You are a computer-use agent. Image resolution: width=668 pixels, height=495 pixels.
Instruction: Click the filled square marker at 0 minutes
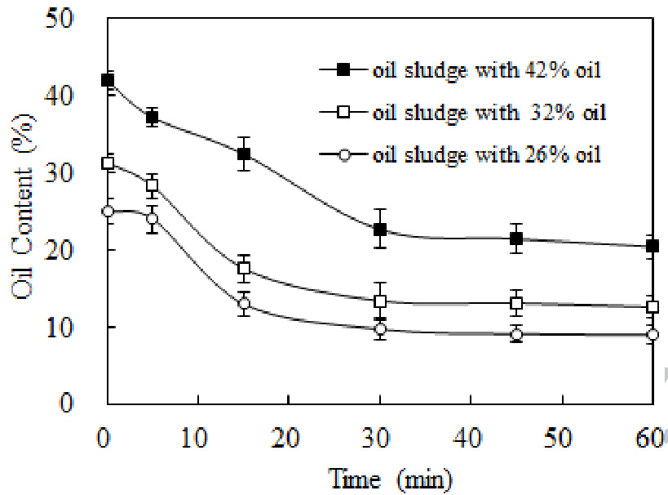tap(107, 80)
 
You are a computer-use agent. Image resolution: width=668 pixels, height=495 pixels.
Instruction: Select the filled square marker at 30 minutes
tap(380, 230)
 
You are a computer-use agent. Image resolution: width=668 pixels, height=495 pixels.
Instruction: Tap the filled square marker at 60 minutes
tap(653, 246)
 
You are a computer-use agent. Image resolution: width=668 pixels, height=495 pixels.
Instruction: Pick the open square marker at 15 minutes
tap(243, 269)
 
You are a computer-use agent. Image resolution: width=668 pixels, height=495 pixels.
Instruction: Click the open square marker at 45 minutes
tap(516, 303)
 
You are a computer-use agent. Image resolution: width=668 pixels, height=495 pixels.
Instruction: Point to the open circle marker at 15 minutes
tap(243, 305)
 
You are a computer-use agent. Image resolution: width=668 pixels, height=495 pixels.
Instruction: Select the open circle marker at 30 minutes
tap(380, 330)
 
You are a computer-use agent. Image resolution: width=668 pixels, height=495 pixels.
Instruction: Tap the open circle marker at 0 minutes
tap(107, 212)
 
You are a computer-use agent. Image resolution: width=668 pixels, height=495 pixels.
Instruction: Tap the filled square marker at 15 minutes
tap(243, 154)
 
